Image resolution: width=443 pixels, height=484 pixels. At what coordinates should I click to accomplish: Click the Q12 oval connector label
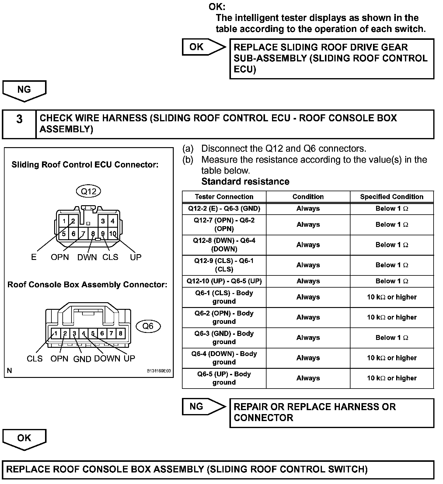(88, 191)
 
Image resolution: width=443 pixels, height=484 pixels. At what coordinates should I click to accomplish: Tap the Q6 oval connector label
(148, 326)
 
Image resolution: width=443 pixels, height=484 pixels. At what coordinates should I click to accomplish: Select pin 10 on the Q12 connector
(113, 233)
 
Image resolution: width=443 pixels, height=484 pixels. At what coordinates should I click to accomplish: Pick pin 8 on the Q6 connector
(120, 333)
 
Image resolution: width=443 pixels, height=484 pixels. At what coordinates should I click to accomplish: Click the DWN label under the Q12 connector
(87, 258)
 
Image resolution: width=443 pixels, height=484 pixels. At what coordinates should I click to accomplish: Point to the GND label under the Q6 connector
(82, 359)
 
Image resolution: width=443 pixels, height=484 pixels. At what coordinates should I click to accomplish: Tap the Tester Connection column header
(224, 197)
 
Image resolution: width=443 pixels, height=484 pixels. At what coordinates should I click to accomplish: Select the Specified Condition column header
(392, 197)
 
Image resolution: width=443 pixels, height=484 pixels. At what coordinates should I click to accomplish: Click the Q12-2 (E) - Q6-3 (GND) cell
(224, 209)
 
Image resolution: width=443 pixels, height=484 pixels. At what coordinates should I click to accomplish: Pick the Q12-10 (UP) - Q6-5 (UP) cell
(224, 281)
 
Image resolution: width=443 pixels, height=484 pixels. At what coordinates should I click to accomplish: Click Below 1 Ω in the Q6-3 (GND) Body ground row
(392, 338)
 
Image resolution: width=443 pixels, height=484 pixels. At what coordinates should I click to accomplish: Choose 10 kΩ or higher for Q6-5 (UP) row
(392, 378)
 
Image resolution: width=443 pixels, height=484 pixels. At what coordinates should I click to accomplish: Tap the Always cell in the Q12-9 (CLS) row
(308, 265)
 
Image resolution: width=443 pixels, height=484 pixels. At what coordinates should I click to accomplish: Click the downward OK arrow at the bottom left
(24, 439)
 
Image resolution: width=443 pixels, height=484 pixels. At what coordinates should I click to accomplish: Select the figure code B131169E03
(159, 371)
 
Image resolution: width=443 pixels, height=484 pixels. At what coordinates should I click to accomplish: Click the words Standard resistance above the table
(245, 181)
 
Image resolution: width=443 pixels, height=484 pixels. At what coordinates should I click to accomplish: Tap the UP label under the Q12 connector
(135, 257)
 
